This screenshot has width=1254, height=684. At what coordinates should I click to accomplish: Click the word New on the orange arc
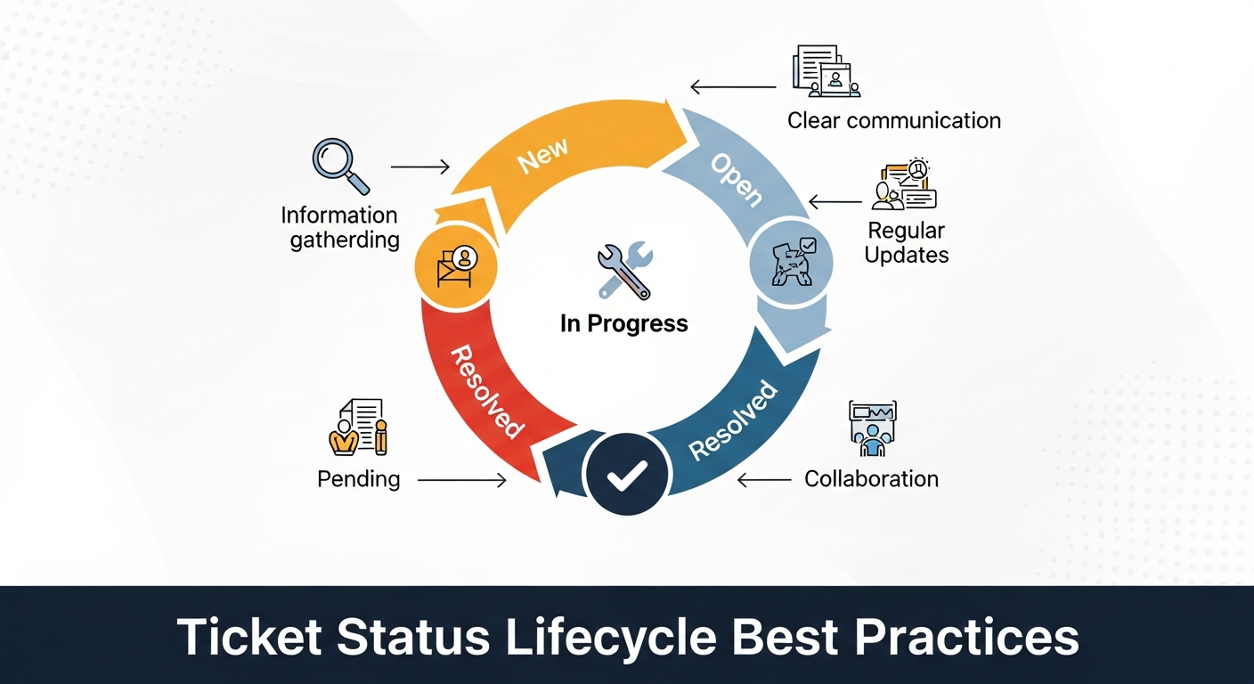point(542,158)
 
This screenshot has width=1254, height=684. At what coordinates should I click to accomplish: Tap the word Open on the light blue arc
point(736,180)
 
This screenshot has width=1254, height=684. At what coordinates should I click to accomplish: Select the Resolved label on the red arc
point(485,391)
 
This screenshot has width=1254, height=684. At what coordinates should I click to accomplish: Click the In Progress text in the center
point(623,323)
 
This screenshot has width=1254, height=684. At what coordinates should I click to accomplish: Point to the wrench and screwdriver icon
point(624,273)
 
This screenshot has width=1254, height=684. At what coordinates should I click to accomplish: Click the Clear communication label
point(893,120)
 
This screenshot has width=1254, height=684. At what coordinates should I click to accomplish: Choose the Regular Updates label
point(907,242)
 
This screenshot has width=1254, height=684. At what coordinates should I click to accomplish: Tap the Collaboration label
point(871,479)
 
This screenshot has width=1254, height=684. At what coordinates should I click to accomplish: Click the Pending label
point(359,479)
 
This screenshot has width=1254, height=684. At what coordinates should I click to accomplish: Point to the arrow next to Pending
point(461,480)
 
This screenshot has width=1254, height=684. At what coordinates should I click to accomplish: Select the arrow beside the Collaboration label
point(764,480)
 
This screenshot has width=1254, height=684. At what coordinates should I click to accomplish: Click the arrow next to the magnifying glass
point(420,167)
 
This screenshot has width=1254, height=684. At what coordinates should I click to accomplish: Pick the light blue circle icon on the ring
point(792,263)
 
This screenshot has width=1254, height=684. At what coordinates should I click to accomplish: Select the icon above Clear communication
point(826,71)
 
